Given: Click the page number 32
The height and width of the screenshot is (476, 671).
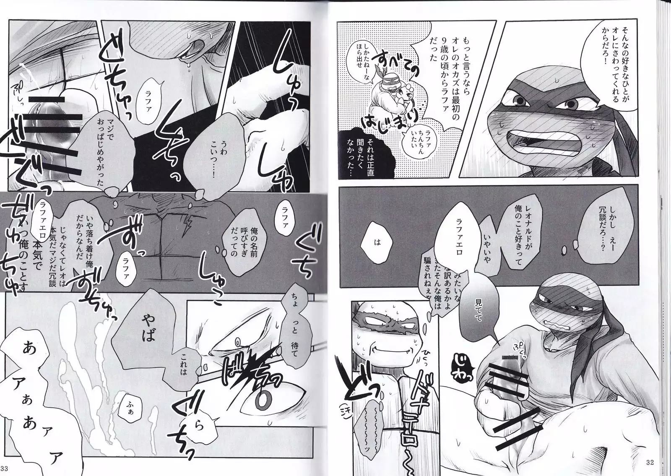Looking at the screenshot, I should click(650, 462).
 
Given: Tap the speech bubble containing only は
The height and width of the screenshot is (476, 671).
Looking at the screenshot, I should click(378, 242).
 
